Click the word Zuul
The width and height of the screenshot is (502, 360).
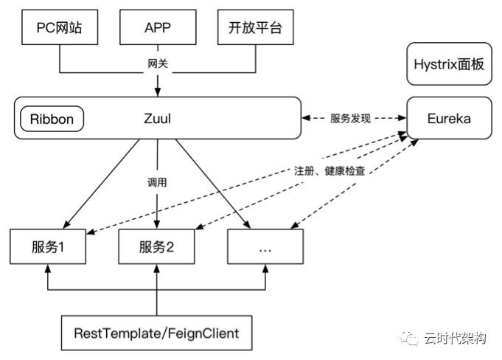158,118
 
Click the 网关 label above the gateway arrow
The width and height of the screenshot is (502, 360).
158,64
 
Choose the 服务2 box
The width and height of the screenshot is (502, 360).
157,247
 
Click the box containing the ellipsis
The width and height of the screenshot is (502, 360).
265,247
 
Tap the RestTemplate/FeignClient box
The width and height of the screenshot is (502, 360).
157,333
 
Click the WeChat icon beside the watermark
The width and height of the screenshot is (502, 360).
410,339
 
